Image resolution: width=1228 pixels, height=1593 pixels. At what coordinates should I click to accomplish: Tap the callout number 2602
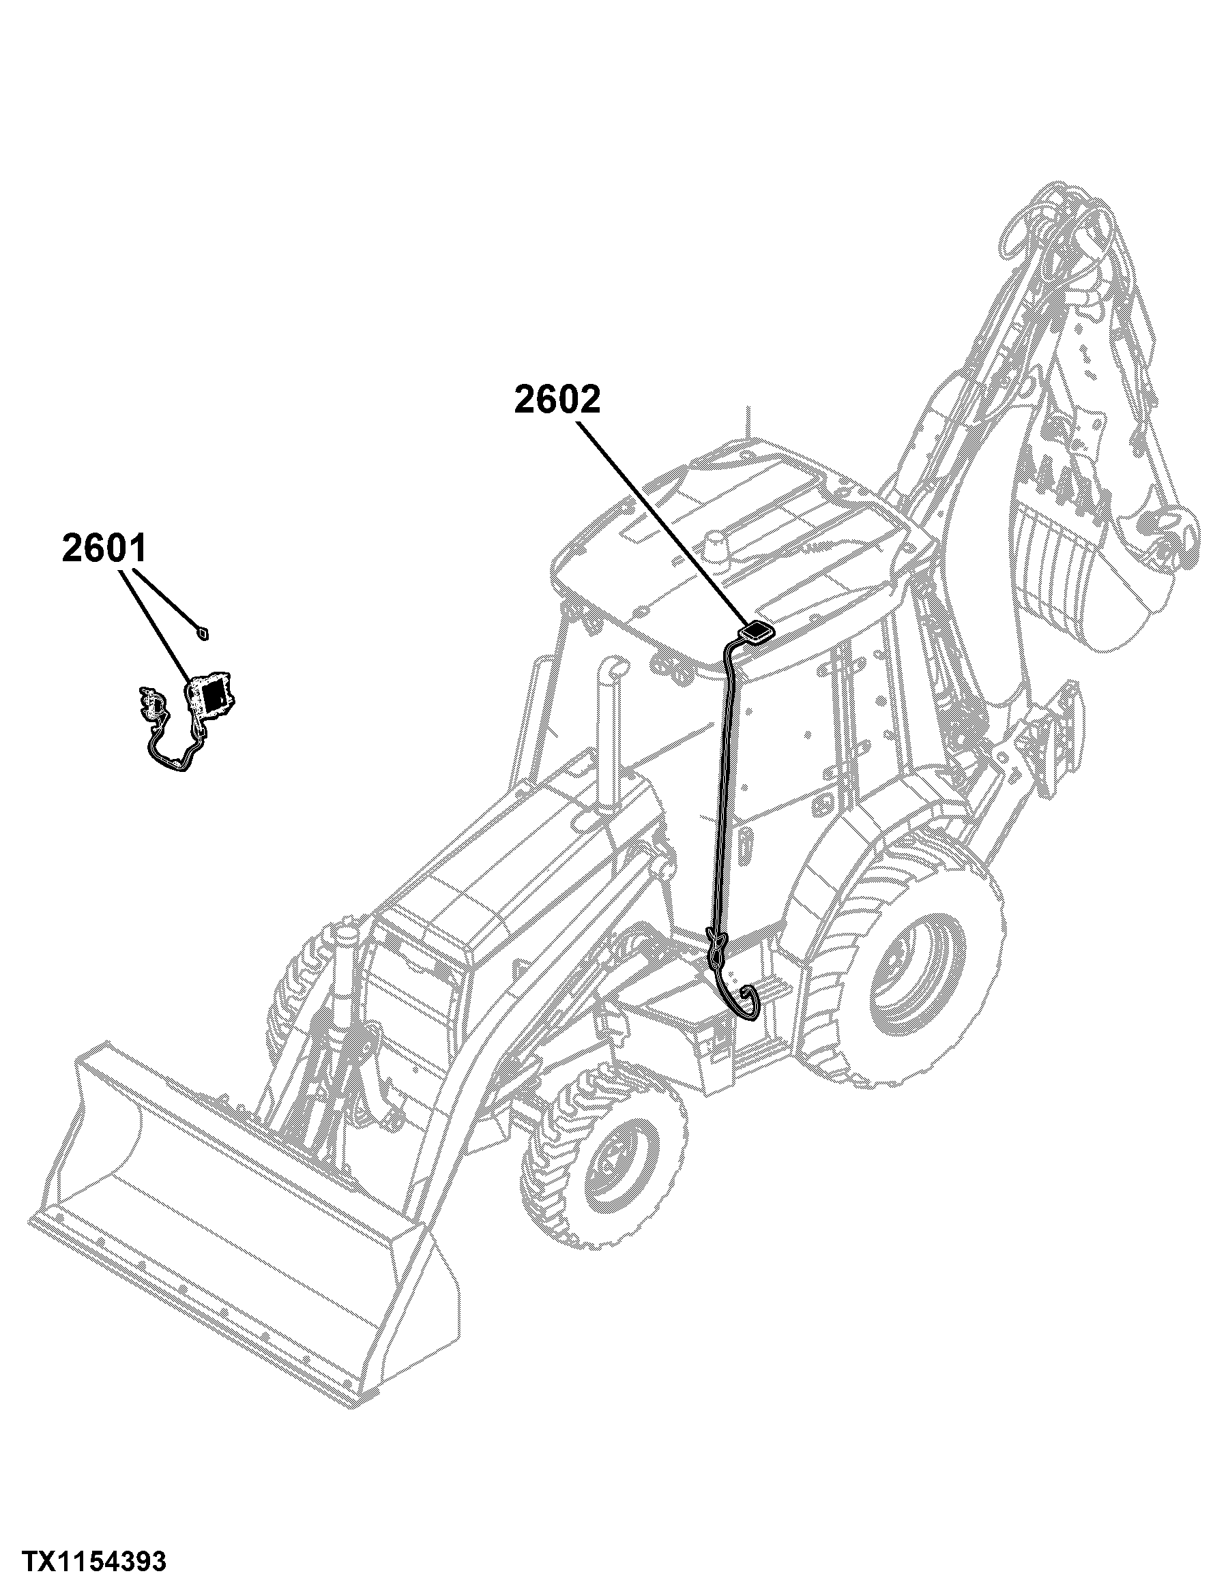(x=557, y=399)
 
